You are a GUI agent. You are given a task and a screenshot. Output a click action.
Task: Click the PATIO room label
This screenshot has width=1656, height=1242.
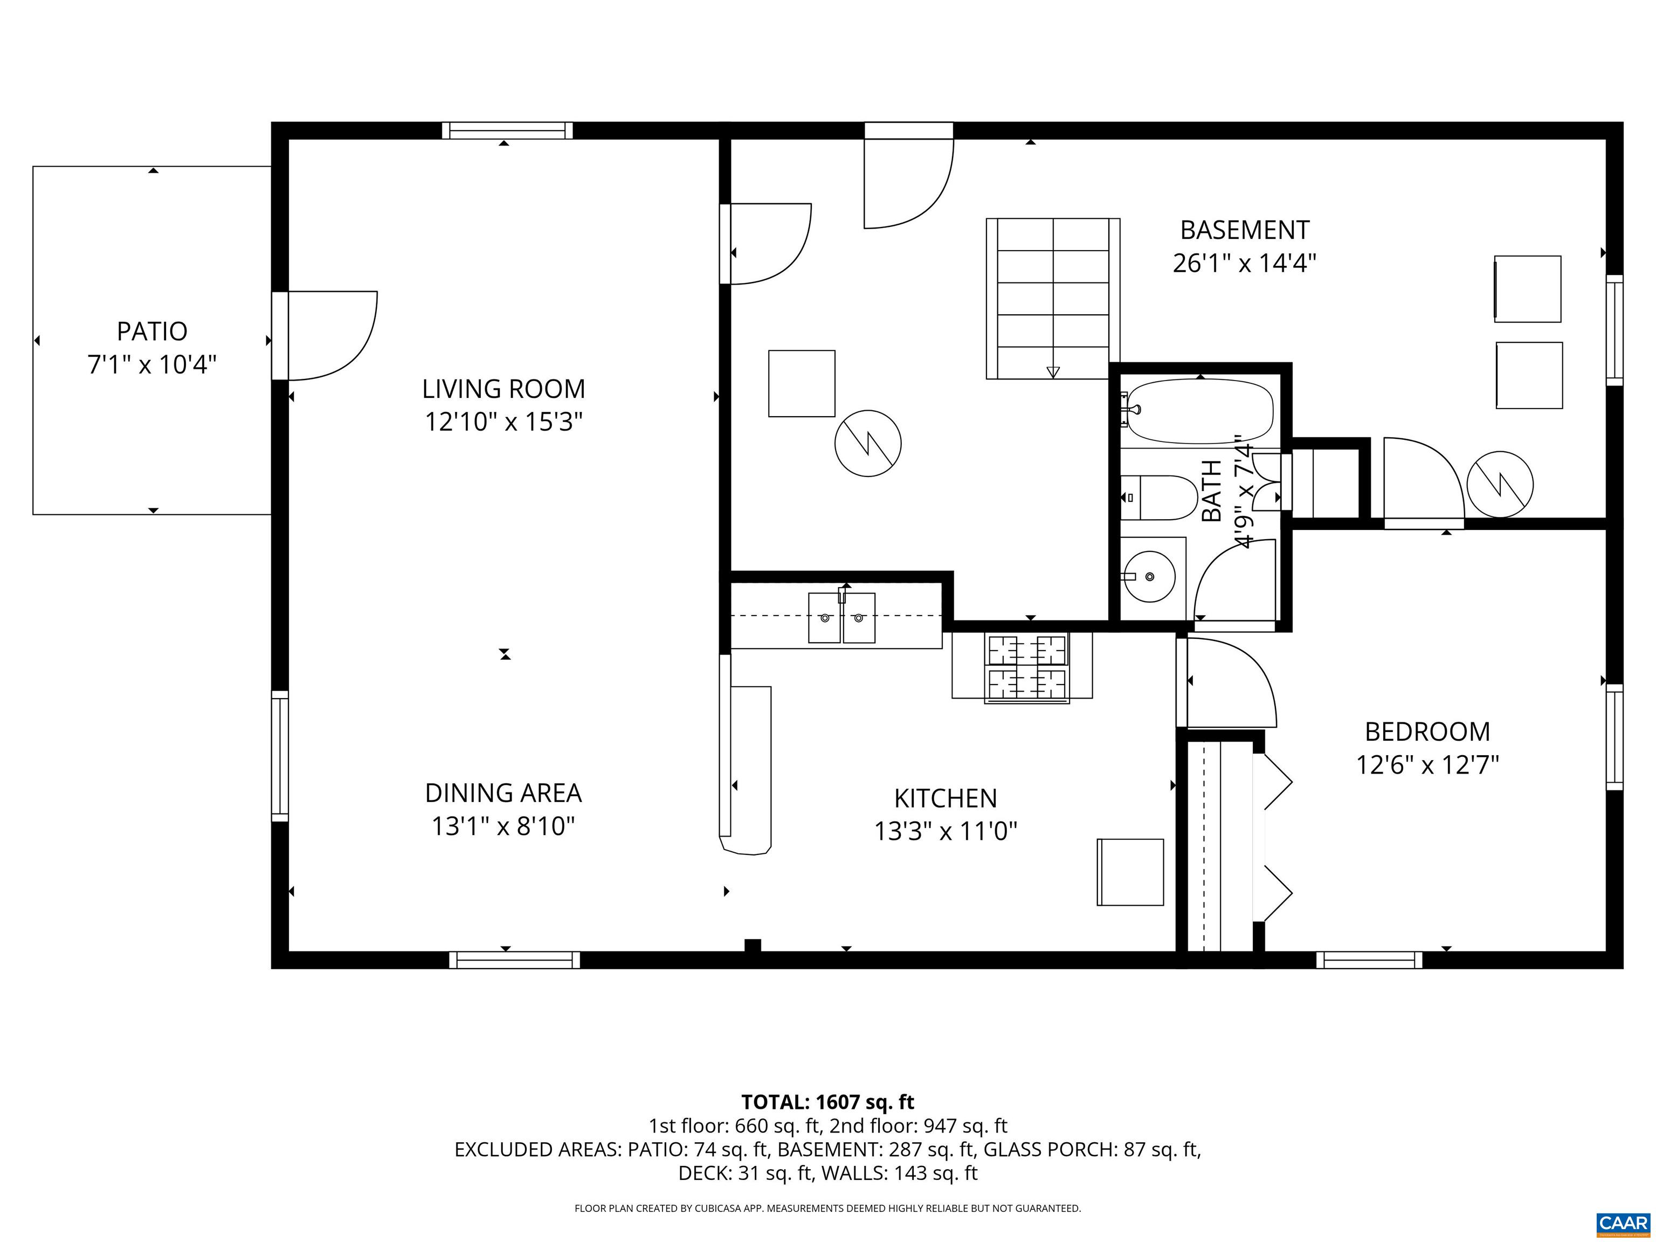point(152,331)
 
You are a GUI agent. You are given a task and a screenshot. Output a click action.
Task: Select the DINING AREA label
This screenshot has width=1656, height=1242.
point(503,793)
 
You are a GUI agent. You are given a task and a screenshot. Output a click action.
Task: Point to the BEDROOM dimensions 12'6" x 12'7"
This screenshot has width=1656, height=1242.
point(1427,765)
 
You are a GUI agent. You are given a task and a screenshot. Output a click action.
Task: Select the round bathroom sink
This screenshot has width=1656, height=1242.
point(1149,576)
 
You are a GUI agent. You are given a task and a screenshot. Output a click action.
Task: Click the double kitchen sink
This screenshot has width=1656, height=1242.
point(841,618)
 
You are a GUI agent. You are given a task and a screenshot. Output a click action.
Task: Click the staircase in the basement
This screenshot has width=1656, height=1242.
point(1053,298)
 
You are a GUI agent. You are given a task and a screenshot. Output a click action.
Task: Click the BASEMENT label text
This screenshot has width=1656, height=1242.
point(1244,230)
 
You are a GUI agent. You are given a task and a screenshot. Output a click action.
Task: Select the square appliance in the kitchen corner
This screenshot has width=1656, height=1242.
point(1130,872)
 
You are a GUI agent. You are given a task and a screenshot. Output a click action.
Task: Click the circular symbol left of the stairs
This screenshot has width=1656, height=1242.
point(868,443)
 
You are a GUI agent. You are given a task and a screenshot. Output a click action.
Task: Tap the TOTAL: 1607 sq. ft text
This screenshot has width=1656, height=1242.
point(827,1102)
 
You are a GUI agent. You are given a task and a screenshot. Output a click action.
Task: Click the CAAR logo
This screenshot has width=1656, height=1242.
point(1623,1223)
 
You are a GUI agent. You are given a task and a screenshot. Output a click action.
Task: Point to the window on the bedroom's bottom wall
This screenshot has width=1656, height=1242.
point(1369,960)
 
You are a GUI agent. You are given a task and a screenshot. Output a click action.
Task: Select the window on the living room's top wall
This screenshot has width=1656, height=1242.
point(507,131)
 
